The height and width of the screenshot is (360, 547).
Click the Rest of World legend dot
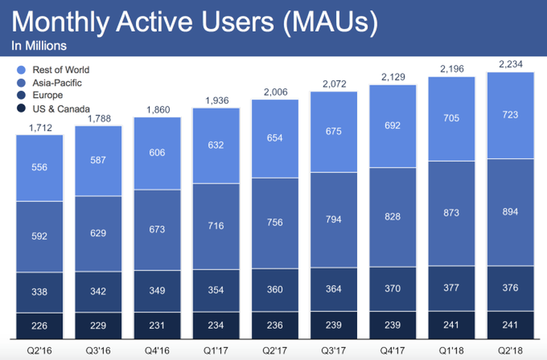coord(21,69)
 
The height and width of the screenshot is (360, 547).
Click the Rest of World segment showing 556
coord(39,168)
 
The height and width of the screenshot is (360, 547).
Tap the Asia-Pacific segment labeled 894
coord(511,212)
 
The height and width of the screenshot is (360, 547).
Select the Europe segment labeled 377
coord(452,288)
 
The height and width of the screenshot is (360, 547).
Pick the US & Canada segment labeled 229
coord(98,326)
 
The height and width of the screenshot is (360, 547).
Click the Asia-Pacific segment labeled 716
coord(216,225)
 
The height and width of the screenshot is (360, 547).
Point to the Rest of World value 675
coord(333,131)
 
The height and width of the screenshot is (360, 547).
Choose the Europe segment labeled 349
coord(157,291)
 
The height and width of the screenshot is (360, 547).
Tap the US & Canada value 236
coord(274,326)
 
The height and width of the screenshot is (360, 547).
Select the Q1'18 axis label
coord(452,349)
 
